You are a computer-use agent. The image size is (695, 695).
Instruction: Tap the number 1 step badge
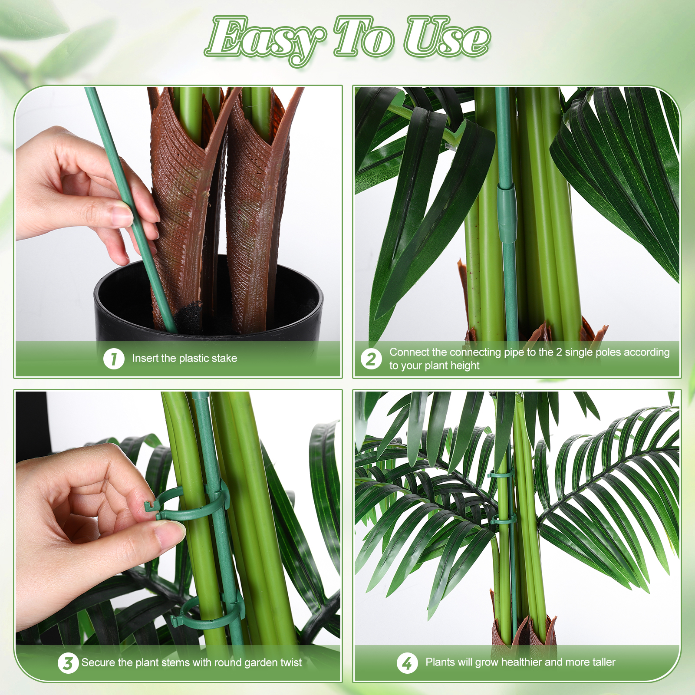pyautogui.click(x=114, y=359)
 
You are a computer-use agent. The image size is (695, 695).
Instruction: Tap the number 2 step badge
pyautogui.click(x=371, y=359)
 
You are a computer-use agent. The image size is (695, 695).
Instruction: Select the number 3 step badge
pyautogui.click(x=68, y=663)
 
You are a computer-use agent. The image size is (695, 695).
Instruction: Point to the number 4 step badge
pyautogui.click(x=407, y=663)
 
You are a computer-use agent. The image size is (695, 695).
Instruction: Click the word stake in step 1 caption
pyautogui.click(x=224, y=358)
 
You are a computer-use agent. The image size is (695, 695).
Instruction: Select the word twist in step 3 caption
pyautogui.click(x=290, y=662)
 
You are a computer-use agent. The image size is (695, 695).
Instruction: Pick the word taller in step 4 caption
pyautogui.click(x=601, y=662)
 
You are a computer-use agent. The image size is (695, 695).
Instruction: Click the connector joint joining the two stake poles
pyautogui.click(x=507, y=213)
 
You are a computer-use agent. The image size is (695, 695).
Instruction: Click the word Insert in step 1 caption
pyautogui.click(x=145, y=358)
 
